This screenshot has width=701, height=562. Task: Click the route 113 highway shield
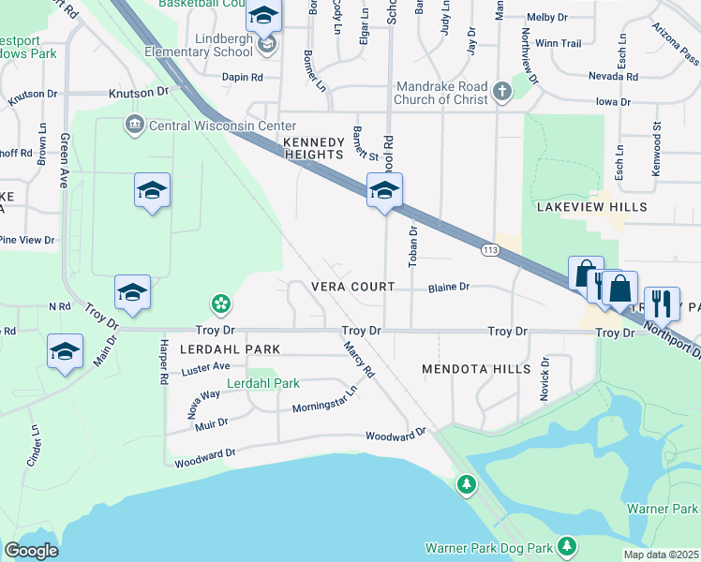coord(490,250)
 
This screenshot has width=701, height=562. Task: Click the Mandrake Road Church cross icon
coord(501,91)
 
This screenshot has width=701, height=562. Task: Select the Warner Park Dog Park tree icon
coord(566,546)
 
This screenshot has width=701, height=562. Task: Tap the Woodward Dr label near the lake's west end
coord(204,454)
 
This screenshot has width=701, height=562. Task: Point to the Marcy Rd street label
coord(359,359)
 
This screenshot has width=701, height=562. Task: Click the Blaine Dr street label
coord(449,288)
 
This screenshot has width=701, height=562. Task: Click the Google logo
coord(31,551)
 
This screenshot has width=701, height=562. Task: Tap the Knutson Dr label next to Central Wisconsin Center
coord(138,92)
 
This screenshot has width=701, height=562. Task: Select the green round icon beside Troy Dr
coord(221,303)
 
